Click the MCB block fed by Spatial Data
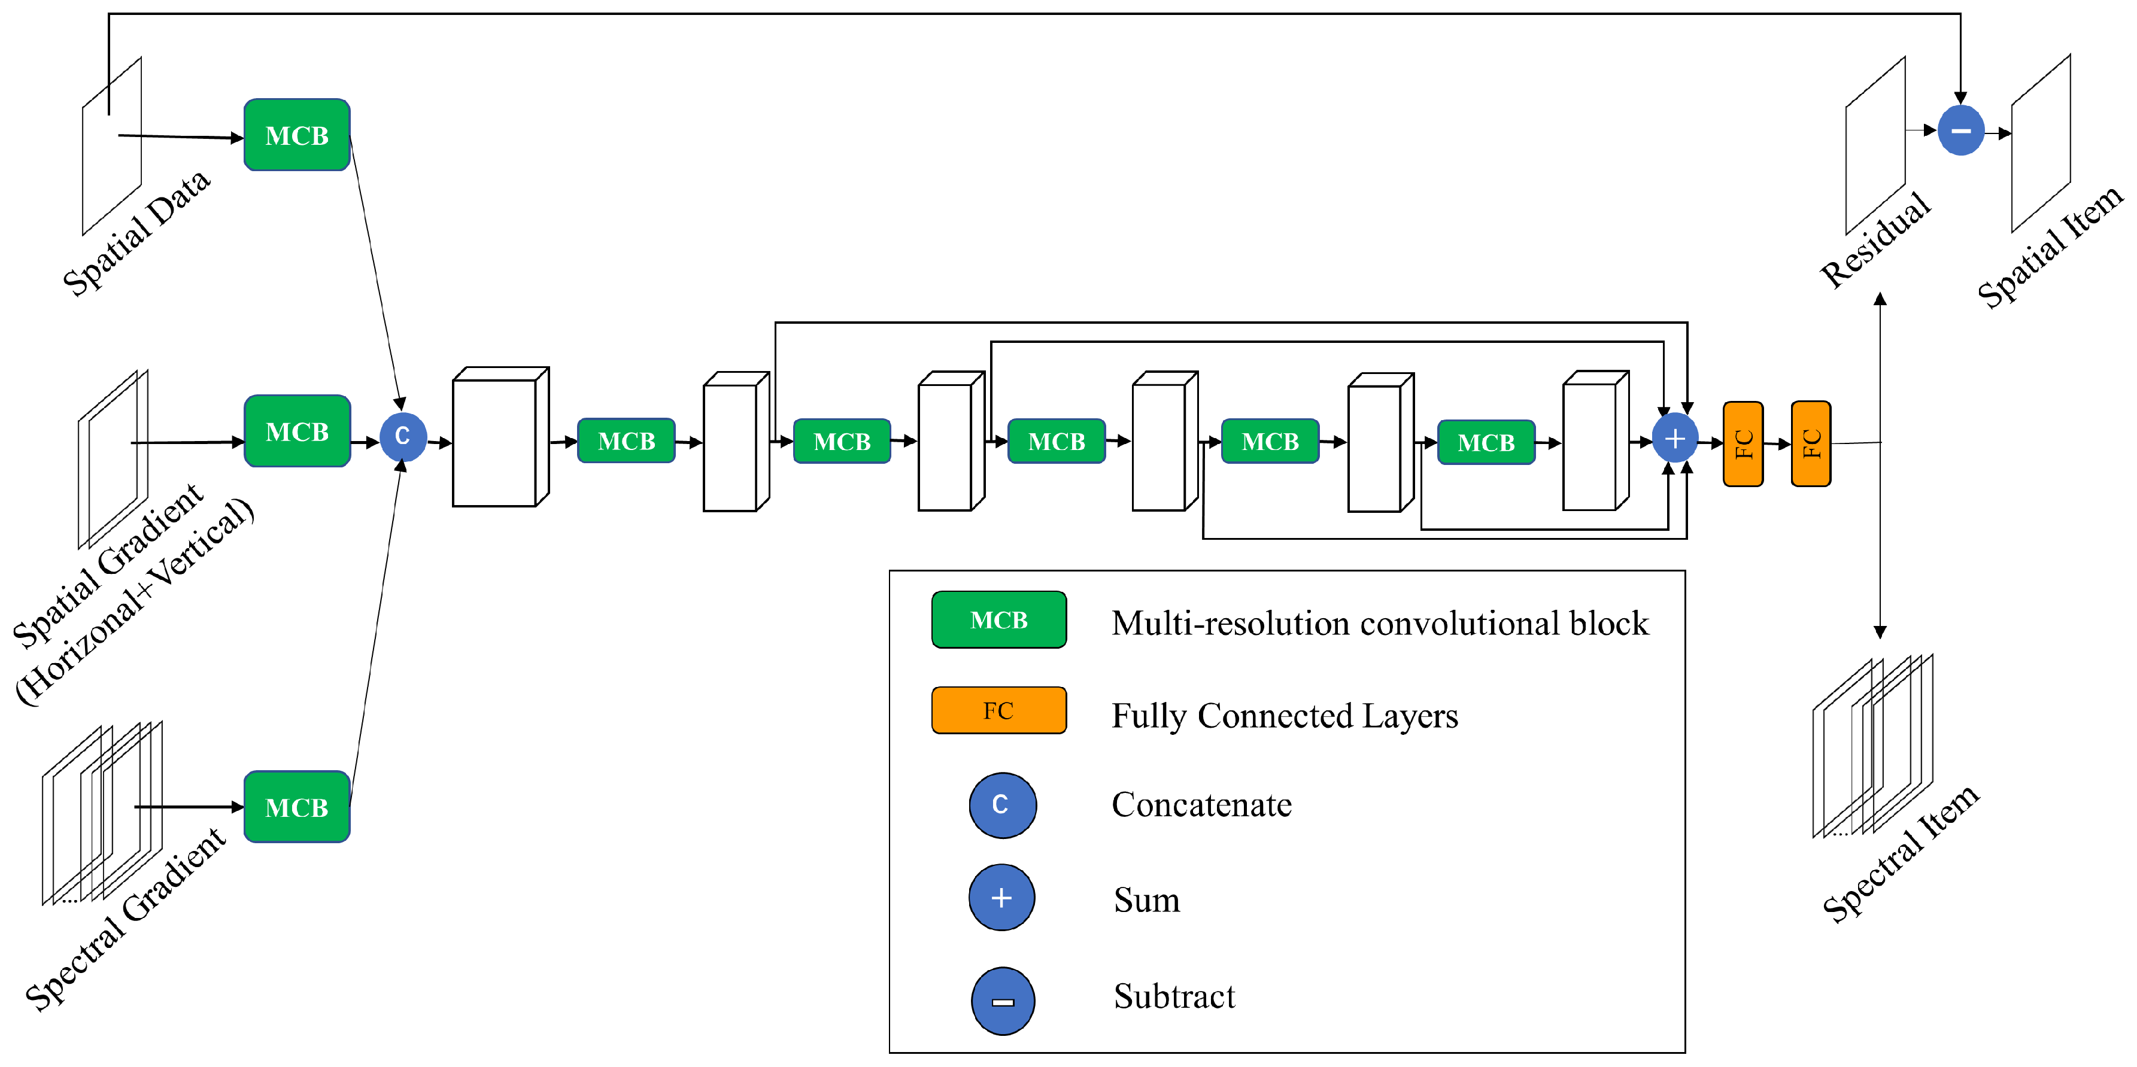coord(297,135)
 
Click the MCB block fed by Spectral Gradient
coord(297,807)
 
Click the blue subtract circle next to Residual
coord(1960,131)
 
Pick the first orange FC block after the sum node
coord(1743,443)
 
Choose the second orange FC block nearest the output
coord(1810,443)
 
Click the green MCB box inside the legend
coord(999,619)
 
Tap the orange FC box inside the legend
coord(999,710)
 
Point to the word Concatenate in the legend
coord(1201,805)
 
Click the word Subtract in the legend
coord(1174,996)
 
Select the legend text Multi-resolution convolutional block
coord(1380,624)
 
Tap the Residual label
coord(1875,241)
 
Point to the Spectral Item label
coord(1901,854)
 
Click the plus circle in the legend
coord(1001,898)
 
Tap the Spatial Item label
coord(2050,247)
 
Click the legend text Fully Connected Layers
coord(1284,716)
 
